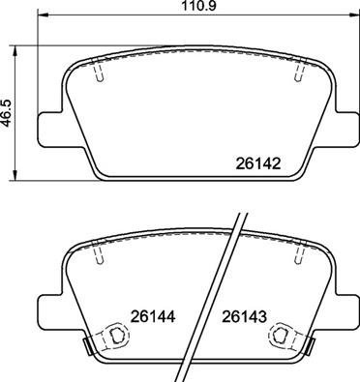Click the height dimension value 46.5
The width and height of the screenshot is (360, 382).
[x=8, y=109]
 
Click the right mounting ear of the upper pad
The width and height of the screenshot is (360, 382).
[x=340, y=128]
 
